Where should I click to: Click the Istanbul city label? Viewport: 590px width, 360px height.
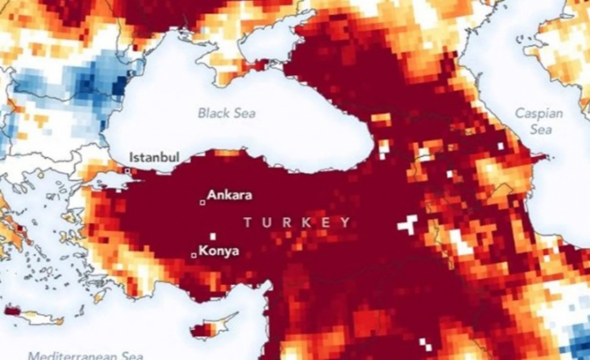click(x=154, y=157)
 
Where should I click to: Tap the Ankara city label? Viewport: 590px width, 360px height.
click(x=230, y=195)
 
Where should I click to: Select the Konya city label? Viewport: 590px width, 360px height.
click(x=218, y=252)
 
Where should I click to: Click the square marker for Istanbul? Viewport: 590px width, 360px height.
click(x=127, y=171)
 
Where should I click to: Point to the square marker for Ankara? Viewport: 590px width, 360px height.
click(x=202, y=202)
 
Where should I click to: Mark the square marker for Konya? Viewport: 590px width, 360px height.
click(x=194, y=255)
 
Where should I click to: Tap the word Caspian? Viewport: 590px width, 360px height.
click(x=539, y=113)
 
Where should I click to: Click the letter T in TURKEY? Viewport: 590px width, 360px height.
click(x=248, y=223)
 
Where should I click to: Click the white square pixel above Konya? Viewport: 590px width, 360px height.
click(x=213, y=236)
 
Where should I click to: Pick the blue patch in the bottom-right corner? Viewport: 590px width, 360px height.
click(x=579, y=343)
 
